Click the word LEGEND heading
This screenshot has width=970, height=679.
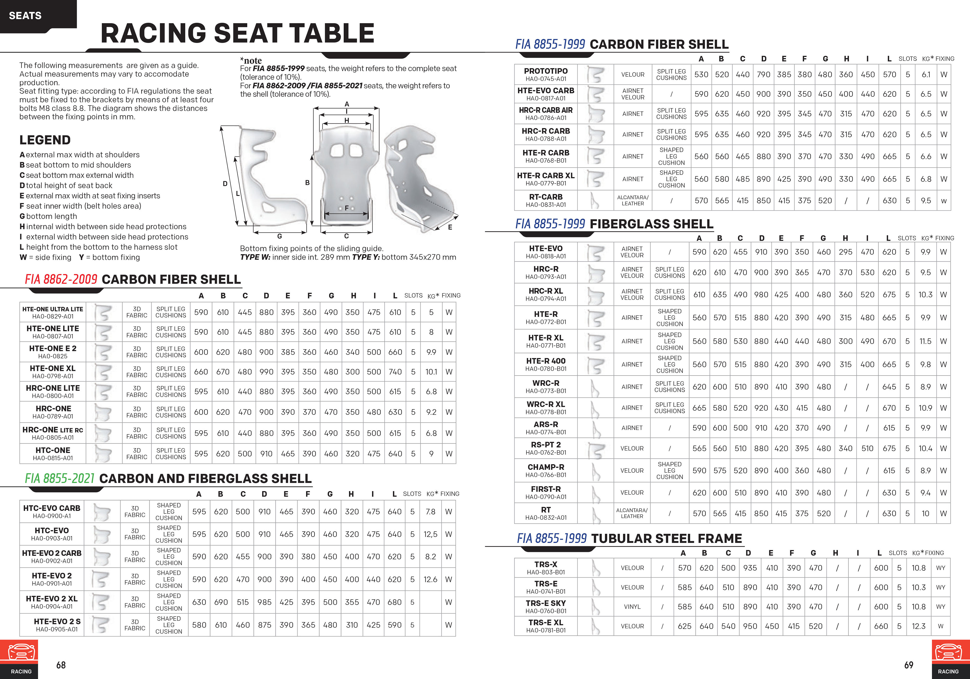(45, 140)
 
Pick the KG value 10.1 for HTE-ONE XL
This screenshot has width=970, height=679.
(431, 372)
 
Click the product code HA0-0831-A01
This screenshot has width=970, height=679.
(546, 204)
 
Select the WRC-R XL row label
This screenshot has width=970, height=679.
(546, 404)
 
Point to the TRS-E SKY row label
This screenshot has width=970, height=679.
(546, 603)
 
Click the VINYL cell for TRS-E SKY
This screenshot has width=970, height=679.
(632, 607)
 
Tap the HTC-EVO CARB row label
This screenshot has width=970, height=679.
(52, 508)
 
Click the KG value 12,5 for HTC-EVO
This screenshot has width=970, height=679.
(430, 534)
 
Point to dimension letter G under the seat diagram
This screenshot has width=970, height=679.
(279, 236)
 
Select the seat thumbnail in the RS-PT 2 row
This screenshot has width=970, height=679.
(595, 449)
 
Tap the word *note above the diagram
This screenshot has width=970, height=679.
(251, 60)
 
